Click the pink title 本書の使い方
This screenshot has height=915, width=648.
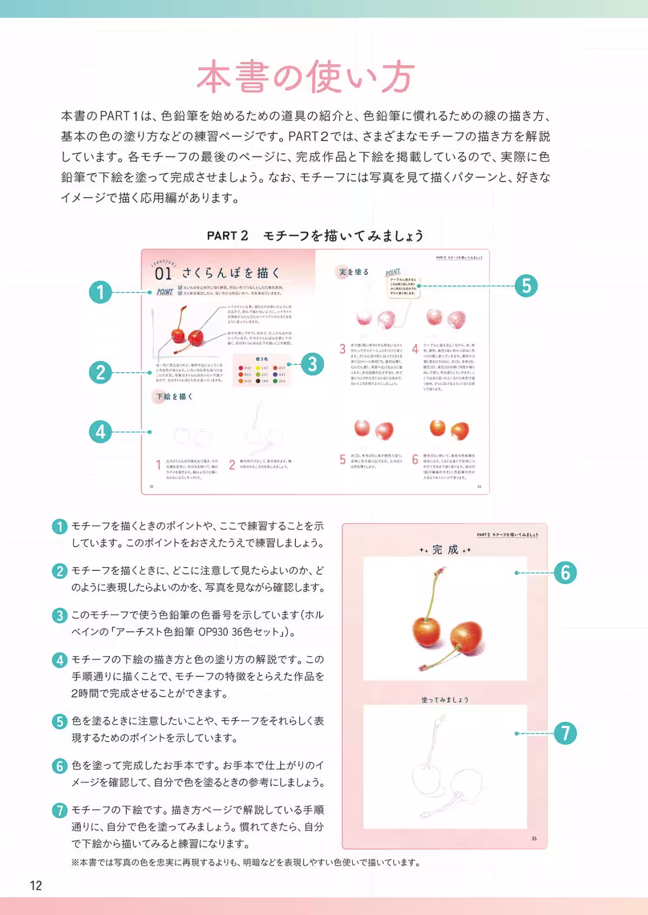coord(306,77)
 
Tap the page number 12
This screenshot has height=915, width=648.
coord(36,885)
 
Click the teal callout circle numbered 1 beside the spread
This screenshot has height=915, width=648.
coord(100,292)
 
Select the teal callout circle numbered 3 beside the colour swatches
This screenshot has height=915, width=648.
coord(312,364)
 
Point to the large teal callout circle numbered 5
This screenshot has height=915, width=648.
coord(526,286)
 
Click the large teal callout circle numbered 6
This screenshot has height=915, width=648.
coord(565,573)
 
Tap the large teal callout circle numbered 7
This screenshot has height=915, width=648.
coord(565,733)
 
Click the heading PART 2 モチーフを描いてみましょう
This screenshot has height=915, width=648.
coord(315,236)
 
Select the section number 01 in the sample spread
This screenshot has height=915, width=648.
coord(163,274)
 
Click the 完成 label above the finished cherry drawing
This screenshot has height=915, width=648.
coord(445,550)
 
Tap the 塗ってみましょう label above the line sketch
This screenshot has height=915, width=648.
coord(445,699)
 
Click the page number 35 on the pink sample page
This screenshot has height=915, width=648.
coord(534,838)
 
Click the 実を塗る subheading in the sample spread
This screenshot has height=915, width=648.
coord(354,272)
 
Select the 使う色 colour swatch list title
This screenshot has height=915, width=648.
coord(262,359)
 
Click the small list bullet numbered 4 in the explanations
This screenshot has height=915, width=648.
coord(59,660)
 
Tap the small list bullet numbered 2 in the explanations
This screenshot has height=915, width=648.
coord(59,571)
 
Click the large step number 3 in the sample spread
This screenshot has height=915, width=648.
coord(342,349)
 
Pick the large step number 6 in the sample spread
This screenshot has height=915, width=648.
coord(415,459)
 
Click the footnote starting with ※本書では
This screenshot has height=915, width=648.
coord(246,863)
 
